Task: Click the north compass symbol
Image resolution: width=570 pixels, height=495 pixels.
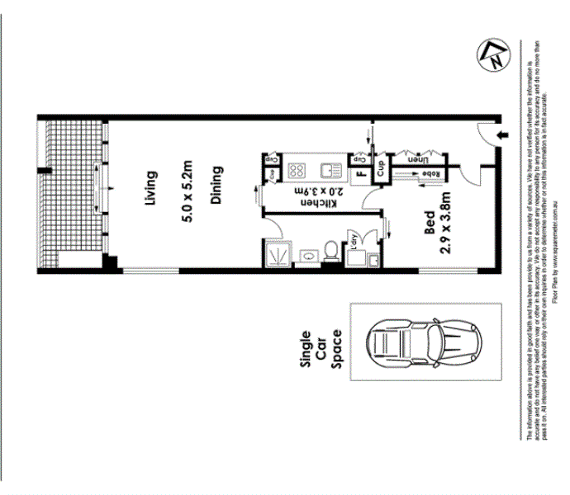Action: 492,54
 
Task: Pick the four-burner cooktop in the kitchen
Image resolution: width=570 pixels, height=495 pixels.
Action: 297,171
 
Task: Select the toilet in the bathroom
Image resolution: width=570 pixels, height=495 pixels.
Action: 331,251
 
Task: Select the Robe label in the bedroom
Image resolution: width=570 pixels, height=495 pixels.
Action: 430,173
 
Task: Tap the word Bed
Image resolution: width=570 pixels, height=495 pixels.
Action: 429,224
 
